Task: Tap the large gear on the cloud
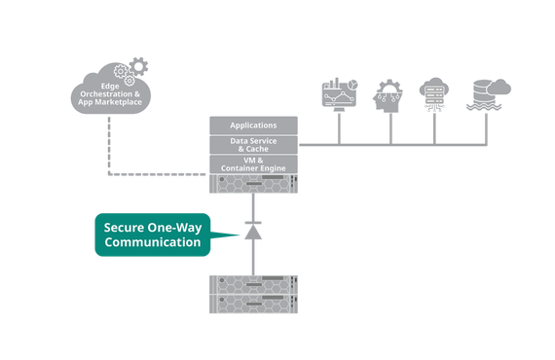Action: (x=139, y=68)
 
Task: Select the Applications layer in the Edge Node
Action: (x=252, y=126)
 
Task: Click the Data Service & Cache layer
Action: (x=252, y=143)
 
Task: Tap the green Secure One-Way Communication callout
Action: (x=154, y=234)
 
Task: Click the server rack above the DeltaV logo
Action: (x=252, y=292)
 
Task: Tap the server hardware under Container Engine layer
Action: (x=252, y=185)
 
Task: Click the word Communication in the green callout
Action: (x=153, y=242)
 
